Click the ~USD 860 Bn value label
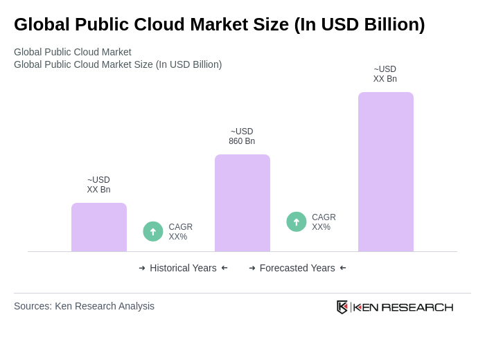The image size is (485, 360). coord(242,136)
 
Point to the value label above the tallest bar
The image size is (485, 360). coord(385,74)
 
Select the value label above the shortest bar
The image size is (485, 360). coord(98,185)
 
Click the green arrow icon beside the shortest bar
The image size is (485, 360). coord(153,231)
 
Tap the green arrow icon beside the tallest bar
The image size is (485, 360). coord(297,222)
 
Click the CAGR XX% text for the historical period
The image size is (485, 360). coord(180,232)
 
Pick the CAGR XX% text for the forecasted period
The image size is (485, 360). coord(324,222)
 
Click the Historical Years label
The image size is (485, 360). coord(183,268)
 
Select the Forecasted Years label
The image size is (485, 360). coord(297,268)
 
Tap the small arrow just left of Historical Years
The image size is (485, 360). coord(142,268)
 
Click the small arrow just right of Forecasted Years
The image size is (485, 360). coord(343,268)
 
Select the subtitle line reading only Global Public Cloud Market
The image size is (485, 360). coord(73,52)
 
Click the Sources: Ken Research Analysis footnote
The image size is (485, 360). coord(84,306)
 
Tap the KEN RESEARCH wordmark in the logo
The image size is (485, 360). coord(403,307)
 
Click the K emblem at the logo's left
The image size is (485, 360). coord(342,307)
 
